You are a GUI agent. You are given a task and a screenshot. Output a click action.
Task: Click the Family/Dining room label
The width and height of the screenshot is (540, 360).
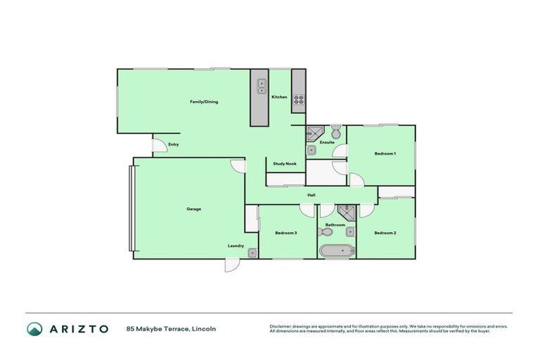pyautogui.click(x=204, y=102)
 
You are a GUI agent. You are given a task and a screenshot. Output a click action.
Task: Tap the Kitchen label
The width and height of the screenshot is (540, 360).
pyautogui.click(x=279, y=97)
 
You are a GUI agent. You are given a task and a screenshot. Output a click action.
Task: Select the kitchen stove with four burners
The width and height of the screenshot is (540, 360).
pyautogui.click(x=298, y=99)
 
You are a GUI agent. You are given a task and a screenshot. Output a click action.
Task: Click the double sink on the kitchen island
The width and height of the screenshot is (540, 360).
pyautogui.click(x=261, y=86)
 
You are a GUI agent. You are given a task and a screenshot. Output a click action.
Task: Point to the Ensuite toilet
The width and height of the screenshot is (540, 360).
pyautogui.click(x=336, y=131)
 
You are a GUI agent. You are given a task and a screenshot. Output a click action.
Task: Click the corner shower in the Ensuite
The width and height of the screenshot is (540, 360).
pyautogui.click(x=313, y=133)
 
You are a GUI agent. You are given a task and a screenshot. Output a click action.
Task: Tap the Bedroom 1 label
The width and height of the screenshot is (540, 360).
pyautogui.click(x=385, y=153)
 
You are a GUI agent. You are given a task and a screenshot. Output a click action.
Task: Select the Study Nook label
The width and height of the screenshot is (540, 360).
pyautogui.click(x=285, y=164)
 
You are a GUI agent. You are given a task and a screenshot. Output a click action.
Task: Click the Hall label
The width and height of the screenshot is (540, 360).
pyautogui.click(x=310, y=195)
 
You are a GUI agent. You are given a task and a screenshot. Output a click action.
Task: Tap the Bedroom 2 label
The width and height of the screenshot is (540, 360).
pyautogui.click(x=385, y=233)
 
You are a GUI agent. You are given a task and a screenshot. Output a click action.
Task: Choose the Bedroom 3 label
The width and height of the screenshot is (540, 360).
pyautogui.click(x=285, y=233)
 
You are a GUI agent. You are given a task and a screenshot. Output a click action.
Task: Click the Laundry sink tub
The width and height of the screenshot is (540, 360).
pyautogui.click(x=252, y=253)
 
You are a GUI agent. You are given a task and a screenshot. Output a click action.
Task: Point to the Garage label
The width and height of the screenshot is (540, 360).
pyautogui.click(x=194, y=209)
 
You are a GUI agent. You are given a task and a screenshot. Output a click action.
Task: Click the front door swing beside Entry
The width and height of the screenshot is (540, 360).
pyautogui.click(x=159, y=146)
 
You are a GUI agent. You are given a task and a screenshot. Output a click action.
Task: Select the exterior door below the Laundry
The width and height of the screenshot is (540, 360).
pyautogui.click(x=230, y=265)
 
